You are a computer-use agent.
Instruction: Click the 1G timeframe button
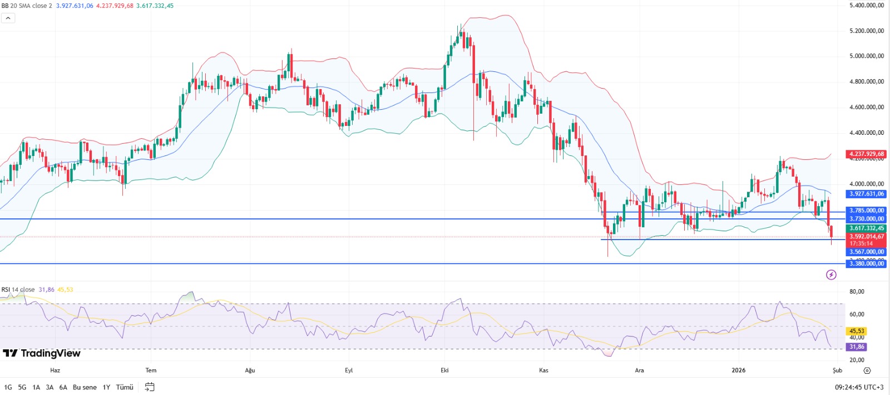(8, 387)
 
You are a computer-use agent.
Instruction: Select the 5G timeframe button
(22, 387)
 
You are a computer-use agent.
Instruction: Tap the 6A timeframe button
(63, 387)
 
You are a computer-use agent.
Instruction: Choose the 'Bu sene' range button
(85, 387)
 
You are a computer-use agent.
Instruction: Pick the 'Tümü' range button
(125, 387)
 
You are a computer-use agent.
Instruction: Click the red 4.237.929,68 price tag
(866, 154)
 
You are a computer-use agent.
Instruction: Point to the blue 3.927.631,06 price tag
(866, 194)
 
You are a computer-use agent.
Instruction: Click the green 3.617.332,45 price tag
(866, 228)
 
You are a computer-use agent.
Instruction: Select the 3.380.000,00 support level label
(866, 264)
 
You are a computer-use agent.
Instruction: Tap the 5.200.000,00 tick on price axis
(866, 31)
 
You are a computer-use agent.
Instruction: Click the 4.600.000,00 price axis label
(866, 107)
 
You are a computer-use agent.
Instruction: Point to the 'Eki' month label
(444, 370)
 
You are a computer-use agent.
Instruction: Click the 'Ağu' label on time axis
(250, 370)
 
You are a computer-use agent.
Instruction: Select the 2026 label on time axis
(738, 370)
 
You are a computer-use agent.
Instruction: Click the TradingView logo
(42, 353)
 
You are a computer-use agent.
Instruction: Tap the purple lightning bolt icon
(831, 275)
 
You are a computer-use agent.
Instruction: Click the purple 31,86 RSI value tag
(857, 347)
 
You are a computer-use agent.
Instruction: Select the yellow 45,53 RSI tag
(857, 331)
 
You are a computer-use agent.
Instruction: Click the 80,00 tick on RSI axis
(857, 291)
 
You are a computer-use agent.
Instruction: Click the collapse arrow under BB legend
(8, 18)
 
